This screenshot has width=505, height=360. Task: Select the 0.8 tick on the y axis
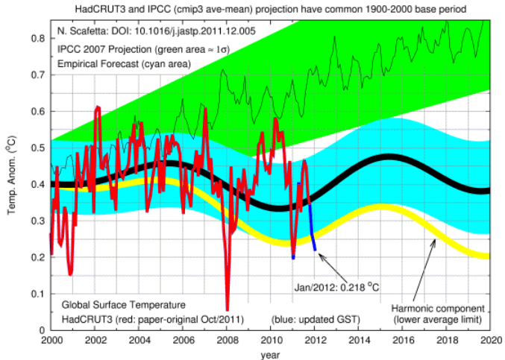point(39,39)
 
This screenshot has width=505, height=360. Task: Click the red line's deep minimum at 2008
point(227,307)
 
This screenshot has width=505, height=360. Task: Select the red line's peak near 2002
point(98,109)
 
